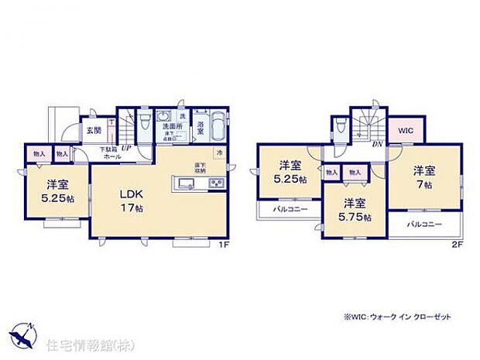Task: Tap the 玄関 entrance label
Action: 92,130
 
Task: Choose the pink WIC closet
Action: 406,131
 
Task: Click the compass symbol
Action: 23,333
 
